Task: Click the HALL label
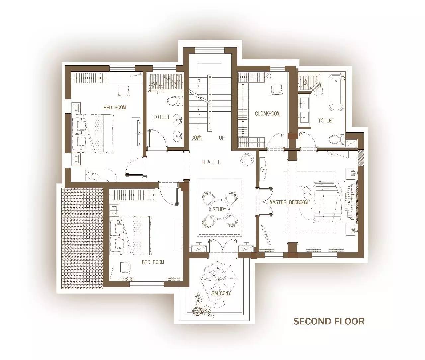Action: point(211,162)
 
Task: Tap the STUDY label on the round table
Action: point(219,209)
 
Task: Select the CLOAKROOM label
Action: point(267,113)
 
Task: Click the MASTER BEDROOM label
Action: point(289,202)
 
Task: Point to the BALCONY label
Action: point(221,293)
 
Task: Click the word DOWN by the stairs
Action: point(197,138)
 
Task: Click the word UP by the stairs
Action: point(222,138)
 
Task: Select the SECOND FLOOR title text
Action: point(329,321)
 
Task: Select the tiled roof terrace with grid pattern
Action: point(82,238)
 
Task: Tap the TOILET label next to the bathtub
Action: point(326,121)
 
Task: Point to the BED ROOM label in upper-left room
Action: point(115,108)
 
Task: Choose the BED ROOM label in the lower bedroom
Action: point(153,262)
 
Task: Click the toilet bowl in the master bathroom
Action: point(337,139)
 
